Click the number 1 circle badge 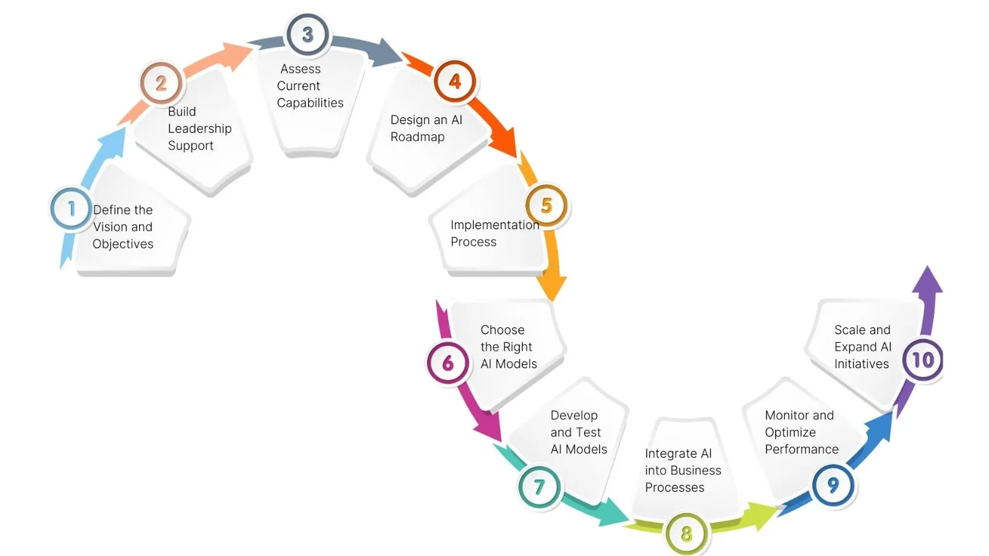click(x=70, y=209)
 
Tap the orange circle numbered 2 click(x=161, y=83)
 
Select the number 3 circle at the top click(x=307, y=35)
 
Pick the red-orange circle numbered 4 click(x=455, y=82)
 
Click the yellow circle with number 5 click(x=546, y=205)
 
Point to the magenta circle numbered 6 click(x=448, y=363)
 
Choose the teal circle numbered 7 click(x=539, y=487)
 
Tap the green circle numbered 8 click(x=686, y=533)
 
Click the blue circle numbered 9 click(x=833, y=485)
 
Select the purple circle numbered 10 click(x=923, y=360)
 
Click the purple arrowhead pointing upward click(x=927, y=281)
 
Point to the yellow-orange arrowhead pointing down click(x=551, y=288)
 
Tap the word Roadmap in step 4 click(x=417, y=137)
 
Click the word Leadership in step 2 click(x=200, y=128)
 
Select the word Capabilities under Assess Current click(x=310, y=103)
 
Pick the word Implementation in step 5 click(x=494, y=225)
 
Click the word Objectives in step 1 click(x=123, y=244)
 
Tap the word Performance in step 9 click(x=801, y=449)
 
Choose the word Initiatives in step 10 click(x=861, y=364)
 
